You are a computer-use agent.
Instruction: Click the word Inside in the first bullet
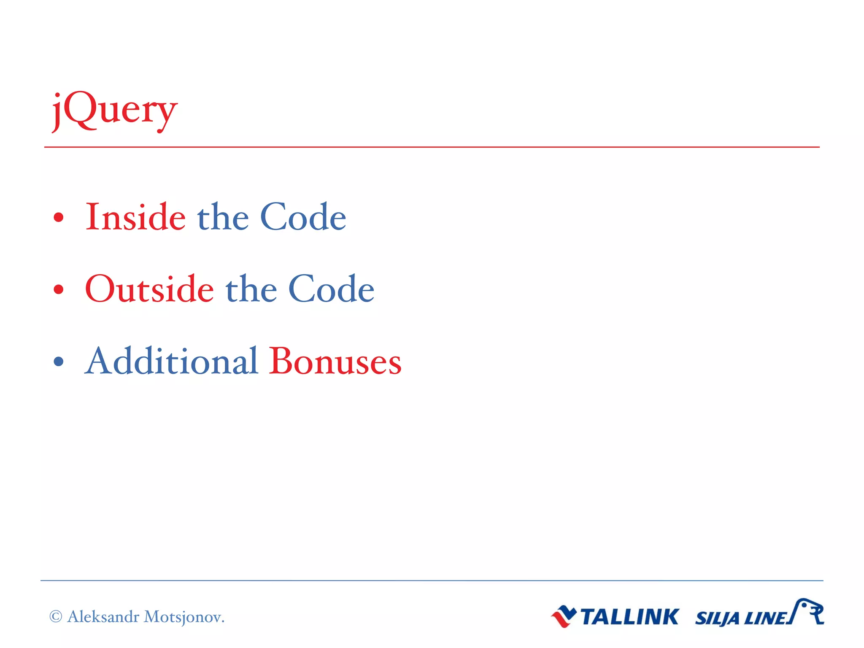(135, 217)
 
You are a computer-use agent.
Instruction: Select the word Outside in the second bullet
(149, 289)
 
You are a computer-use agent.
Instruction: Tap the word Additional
(171, 361)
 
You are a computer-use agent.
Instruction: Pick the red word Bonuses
(335, 361)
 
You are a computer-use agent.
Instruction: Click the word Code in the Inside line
(303, 217)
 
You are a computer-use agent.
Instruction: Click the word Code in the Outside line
(331, 289)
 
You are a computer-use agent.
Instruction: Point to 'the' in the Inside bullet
(223, 217)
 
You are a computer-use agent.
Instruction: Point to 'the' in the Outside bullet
(251, 289)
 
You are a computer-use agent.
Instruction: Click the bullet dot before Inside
(59, 218)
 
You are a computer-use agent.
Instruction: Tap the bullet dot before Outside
(59, 290)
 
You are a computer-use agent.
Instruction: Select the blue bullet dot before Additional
(59, 362)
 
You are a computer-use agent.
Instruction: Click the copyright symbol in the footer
(56, 617)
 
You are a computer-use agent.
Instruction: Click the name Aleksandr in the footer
(103, 617)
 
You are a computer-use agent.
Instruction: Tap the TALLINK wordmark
(629, 617)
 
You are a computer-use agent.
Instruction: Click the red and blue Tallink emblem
(564, 616)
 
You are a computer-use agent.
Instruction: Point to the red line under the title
(432, 147)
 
